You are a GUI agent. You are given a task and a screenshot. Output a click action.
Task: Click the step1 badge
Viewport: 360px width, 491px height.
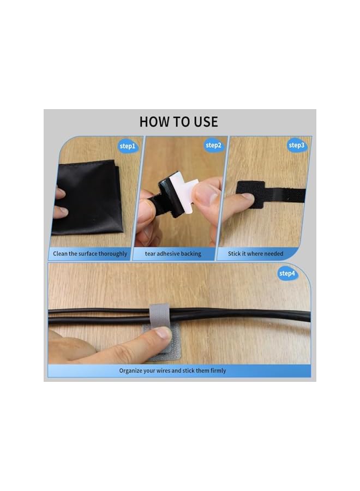coord(128,146)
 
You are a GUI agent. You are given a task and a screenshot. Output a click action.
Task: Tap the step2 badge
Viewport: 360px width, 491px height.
coord(213,145)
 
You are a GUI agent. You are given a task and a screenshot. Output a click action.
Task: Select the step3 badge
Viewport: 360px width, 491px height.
coord(296,145)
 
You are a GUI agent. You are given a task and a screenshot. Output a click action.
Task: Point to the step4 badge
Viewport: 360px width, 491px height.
coord(287,273)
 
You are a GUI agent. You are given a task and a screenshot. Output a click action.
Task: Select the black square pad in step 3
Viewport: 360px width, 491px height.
coord(250,195)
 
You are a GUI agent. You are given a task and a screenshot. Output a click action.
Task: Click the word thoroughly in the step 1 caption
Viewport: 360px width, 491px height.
coord(113,254)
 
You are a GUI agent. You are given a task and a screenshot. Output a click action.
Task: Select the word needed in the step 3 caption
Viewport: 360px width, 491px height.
coord(272,254)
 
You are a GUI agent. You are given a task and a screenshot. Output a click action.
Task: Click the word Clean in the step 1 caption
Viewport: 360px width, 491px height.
coord(61,254)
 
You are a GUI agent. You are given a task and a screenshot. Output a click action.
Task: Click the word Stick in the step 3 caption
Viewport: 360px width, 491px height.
coord(235,254)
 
